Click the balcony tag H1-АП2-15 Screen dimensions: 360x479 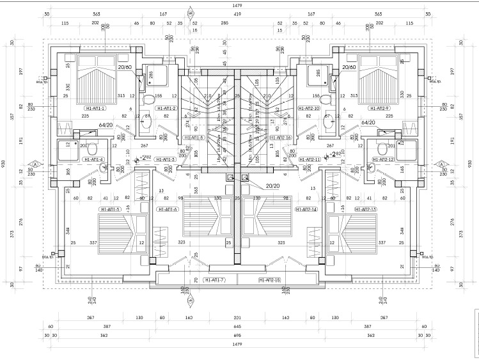coord(270,281)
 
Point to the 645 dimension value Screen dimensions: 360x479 coord(237,327)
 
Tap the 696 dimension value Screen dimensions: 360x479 coord(237,335)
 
